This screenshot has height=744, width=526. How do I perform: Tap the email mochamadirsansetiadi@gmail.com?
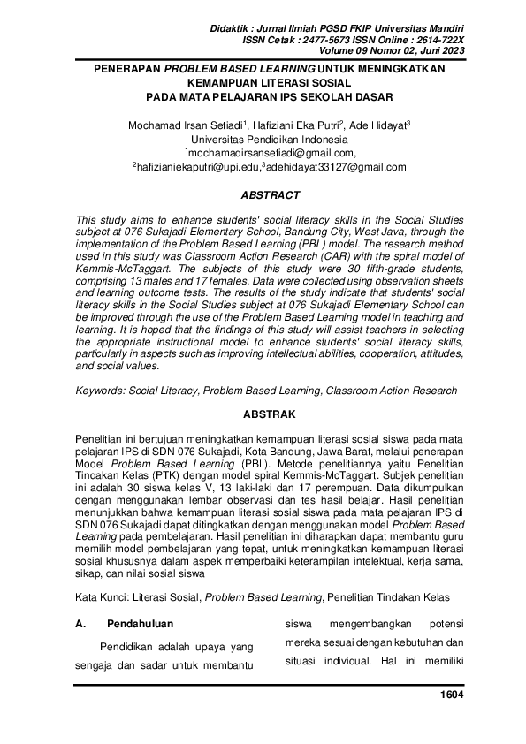264,153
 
